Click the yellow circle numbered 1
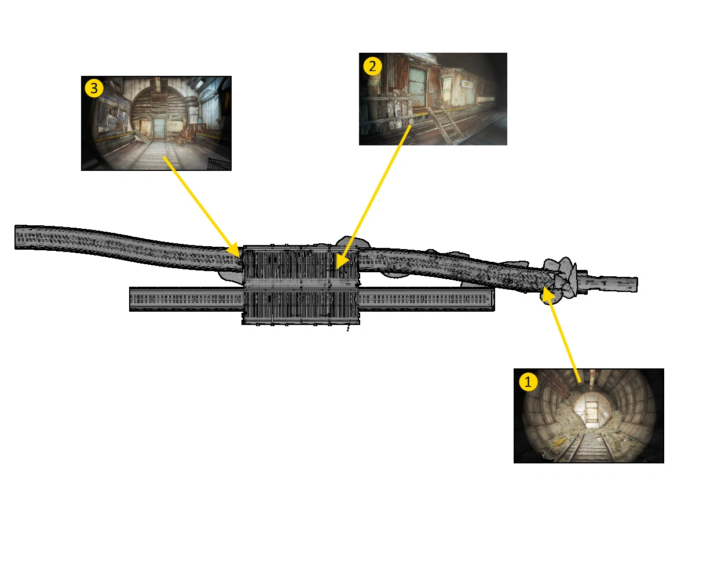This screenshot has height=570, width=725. pyautogui.click(x=528, y=381)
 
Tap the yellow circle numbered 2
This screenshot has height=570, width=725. pyautogui.click(x=372, y=66)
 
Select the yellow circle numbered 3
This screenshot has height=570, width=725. pyautogui.click(x=94, y=88)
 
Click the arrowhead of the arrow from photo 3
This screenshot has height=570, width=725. pyautogui.click(x=234, y=251)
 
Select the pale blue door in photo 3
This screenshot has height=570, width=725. pyautogui.click(x=159, y=128)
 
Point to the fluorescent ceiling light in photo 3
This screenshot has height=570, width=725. pyautogui.click(x=200, y=83)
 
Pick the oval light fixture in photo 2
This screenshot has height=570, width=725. pyautogui.click(x=468, y=84)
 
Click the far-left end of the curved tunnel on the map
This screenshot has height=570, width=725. pyautogui.click(x=16, y=237)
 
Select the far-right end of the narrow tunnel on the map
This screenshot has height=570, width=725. pyautogui.click(x=637, y=284)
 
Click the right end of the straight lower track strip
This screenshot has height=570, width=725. pyautogui.click(x=494, y=299)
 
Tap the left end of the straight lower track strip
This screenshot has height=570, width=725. pyautogui.click(x=130, y=299)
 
